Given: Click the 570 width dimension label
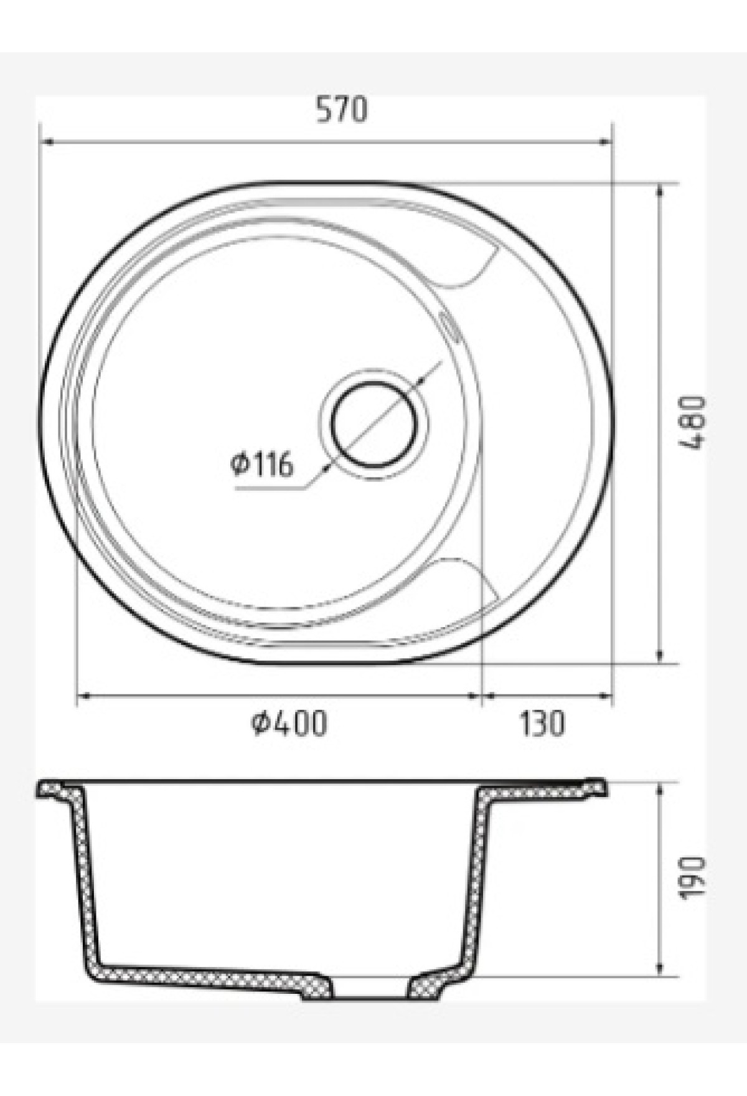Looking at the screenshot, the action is (342, 110).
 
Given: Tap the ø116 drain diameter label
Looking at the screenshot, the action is (262, 464).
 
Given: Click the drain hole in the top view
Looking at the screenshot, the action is (374, 423).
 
